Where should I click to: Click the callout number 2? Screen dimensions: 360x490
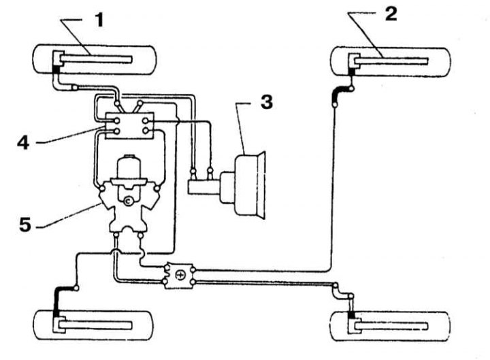pyautogui.click(x=390, y=14)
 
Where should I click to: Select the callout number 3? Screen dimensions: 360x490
pyautogui.click(x=265, y=103)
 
